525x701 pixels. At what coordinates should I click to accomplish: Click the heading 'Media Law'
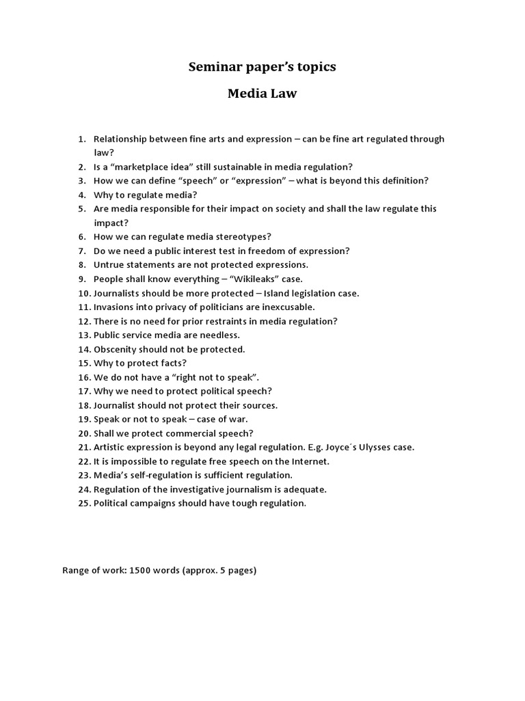(262, 94)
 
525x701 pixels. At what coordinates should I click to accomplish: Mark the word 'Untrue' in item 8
(109, 265)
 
